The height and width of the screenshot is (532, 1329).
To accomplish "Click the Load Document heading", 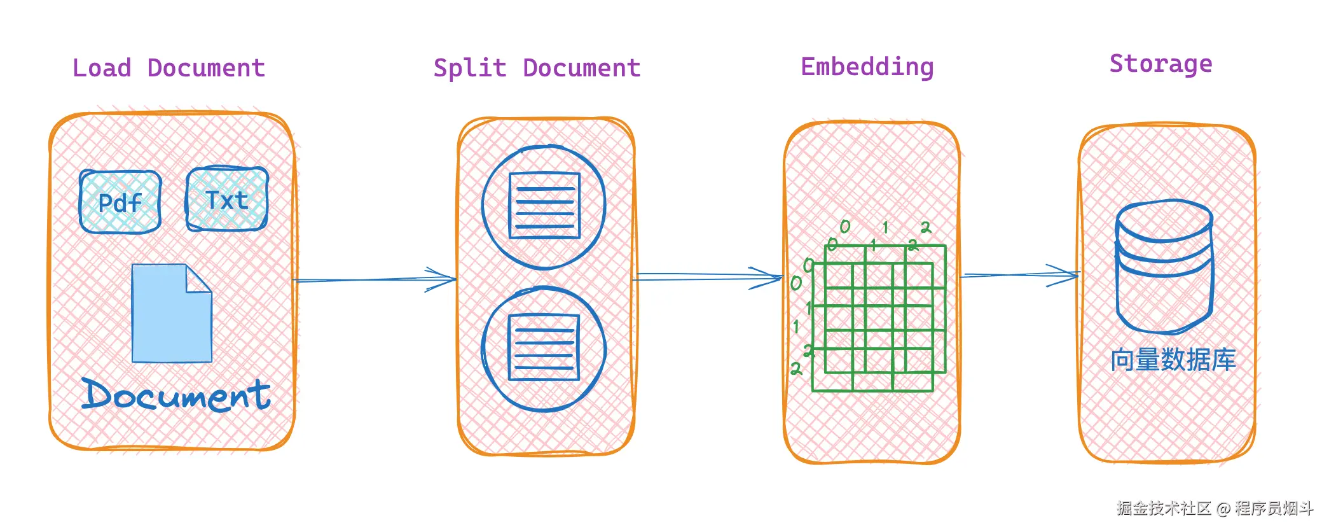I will (x=169, y=68).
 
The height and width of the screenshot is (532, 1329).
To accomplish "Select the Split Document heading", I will (x=537, y=68).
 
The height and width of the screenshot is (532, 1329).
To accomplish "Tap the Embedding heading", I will (x=867, y=67).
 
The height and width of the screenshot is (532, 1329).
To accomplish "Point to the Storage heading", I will (x=1160, y=64).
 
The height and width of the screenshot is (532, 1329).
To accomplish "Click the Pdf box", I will (x=120, y=202).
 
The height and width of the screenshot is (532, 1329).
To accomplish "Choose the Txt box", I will (x=226, y=199).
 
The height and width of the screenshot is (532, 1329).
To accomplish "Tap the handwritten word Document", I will (x=176, y=395).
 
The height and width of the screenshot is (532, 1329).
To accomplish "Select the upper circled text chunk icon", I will (x=544, y=206).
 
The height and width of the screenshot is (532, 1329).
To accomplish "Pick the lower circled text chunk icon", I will (x=544, y=349).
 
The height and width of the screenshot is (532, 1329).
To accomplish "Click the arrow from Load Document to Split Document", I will (x=375, y=279).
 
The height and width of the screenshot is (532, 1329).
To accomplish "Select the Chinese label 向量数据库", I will (x=1173, y=360).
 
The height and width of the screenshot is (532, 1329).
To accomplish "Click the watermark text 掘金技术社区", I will (x=1163, y=508).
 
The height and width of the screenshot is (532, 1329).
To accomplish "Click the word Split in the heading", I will (x=469, y=68).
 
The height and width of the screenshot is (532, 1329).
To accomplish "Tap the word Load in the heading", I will (x=102, y=68).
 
